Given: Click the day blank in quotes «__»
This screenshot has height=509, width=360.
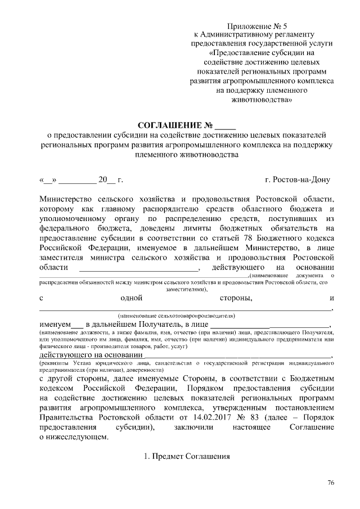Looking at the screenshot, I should coord(48,181).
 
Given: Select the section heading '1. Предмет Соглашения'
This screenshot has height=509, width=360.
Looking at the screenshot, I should coord(187,456).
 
